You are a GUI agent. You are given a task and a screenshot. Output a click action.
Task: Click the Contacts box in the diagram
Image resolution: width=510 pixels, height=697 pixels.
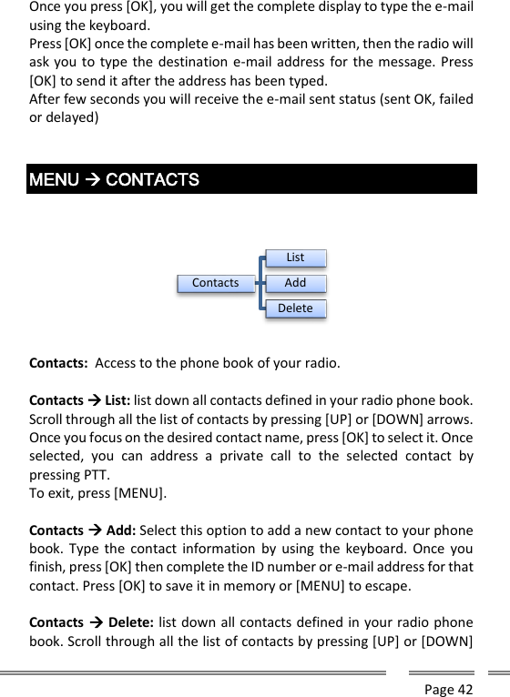[216, 283]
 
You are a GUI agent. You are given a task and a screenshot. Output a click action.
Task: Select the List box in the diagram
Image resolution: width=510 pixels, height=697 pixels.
[295, 258]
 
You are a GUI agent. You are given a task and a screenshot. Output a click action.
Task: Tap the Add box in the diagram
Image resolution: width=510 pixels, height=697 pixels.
[295, 283]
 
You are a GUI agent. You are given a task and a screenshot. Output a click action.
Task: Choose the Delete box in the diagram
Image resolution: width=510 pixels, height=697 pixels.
[295, 308]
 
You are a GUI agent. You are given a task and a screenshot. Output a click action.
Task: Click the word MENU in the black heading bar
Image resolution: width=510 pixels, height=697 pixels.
[54, 179]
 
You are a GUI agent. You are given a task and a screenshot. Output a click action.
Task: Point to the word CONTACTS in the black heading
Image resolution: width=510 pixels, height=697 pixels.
[152, 179]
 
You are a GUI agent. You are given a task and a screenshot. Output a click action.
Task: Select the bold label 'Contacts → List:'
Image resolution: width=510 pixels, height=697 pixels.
[80, 399]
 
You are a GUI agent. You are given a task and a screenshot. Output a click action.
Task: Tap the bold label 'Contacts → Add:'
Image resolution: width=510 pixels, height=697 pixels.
[82, 530]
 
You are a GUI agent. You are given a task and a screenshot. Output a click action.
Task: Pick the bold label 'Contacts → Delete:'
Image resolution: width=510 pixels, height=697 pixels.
[87, 622]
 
